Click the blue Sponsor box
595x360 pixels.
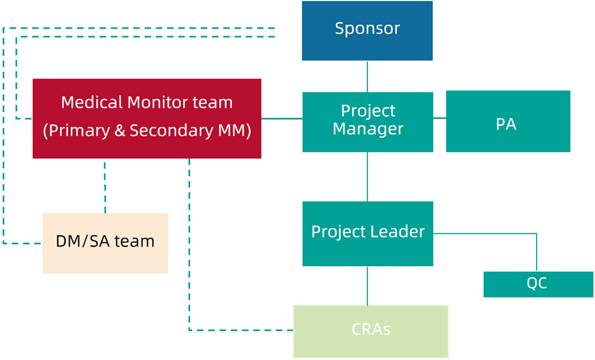point(367,31)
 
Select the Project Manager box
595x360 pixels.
point(368,122)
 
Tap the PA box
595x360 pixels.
point(508,121)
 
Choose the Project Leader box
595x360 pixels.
point(368,234)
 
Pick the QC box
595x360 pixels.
point(538,284)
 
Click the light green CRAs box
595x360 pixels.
point(371,331)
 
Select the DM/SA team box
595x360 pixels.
point(105,243)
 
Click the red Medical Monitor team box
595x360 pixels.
point(147,118)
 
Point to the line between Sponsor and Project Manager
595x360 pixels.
point(367,76)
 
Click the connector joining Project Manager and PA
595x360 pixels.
point(440,118)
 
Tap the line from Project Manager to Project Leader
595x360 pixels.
point(367,177)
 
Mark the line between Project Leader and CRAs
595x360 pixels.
point(367,286)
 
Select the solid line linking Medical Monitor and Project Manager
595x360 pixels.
point(282,118)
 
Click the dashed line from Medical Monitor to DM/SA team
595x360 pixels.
point(105,186)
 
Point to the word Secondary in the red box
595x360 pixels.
point(171,130)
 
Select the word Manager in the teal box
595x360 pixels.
point(368,129)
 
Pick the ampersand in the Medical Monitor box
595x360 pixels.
point(120,130)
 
